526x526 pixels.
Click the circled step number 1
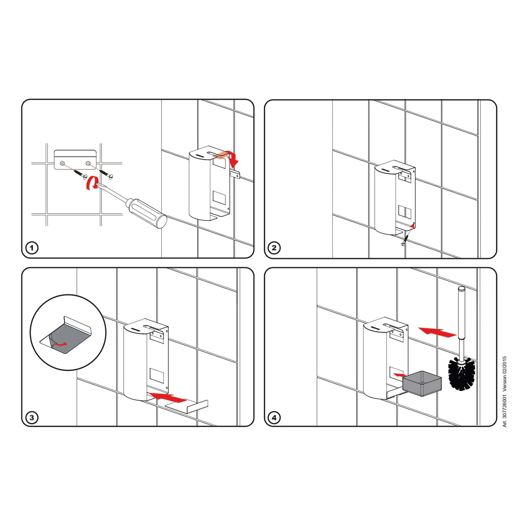(x=32, y=248)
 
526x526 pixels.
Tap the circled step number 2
(x=274, y=248)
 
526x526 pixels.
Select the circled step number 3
(x=32, y=418)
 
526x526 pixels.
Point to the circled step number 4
(x=274, y=418)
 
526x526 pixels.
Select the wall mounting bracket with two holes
(x=75, y=160)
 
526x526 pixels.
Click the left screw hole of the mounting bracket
(x=62, y=163)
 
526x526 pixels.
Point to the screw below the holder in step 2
(x=405, y=240)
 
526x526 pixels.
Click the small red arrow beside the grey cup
(x=399, y=375)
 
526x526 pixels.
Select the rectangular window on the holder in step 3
(x=157, y=375)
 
